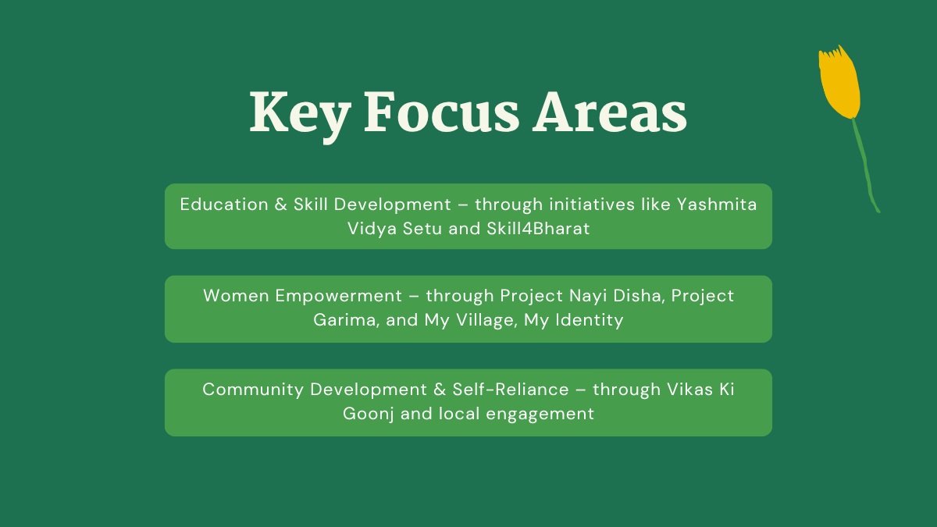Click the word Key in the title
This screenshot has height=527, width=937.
[x=300, y=115]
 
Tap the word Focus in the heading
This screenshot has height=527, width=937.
[x=442, y=112]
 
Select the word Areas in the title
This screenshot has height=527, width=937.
[x=610, y=112]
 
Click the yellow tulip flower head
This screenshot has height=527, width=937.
[x=839, y=82]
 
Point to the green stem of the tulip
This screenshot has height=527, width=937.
[x=865, y=166]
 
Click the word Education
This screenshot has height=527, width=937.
[x=224, y=205]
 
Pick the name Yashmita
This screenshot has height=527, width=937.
[x=717, y=205]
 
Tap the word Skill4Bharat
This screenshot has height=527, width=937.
[x=538, y=228]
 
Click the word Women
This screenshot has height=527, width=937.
[x=236, y=296]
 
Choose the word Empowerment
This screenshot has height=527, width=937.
[x=338, y=297]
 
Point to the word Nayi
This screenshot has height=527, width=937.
[x=588, y=297]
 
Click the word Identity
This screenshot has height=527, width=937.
[x=590, y=321]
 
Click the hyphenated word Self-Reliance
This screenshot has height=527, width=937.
[x=511, y=390]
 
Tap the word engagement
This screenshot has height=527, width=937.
[x=540, y=415]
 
